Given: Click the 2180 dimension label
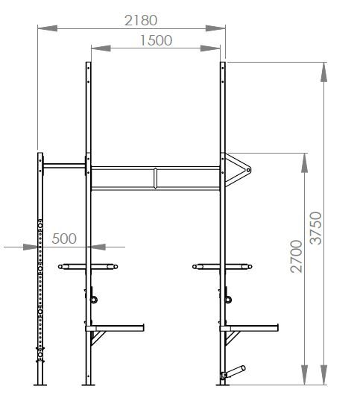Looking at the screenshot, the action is [141, 20].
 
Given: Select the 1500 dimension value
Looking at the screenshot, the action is [157, 40].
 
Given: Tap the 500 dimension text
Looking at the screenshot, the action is [64, 239].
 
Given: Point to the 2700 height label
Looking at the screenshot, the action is [297, 256].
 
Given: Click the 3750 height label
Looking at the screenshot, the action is [316, 228].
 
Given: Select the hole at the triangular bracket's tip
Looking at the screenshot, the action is [247, 170].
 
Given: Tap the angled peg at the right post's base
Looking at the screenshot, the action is [233, 373].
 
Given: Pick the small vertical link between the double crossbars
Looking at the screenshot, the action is [155, 178].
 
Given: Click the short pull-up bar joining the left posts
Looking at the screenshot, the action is [64, 166].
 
